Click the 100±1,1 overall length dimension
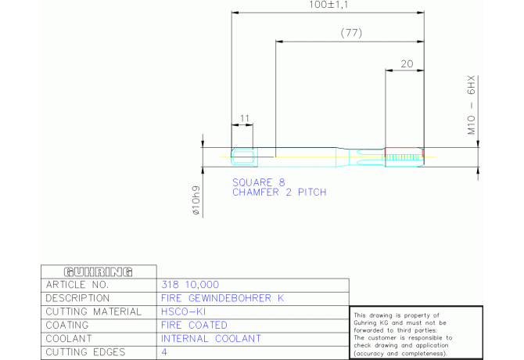point(328,5)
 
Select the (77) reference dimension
point(351,33)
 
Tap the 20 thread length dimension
point(407,64)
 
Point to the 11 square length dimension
point(244,119)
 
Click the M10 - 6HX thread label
point(471,105)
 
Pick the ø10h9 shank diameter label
point(196,200)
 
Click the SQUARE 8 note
point(259,182)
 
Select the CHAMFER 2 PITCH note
point(279,193)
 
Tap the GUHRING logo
point(99,272)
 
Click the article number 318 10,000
point(190,285)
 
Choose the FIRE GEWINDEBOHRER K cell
point(223,298)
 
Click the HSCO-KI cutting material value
point(183,311)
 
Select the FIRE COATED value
point(194,326)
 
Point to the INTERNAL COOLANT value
point(211,339)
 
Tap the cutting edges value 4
point(164,352)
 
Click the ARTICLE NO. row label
point(77,285)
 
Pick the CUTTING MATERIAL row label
point(94,311)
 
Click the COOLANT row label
point(69,339)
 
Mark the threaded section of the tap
point(404,157)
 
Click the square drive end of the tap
point(244,157)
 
